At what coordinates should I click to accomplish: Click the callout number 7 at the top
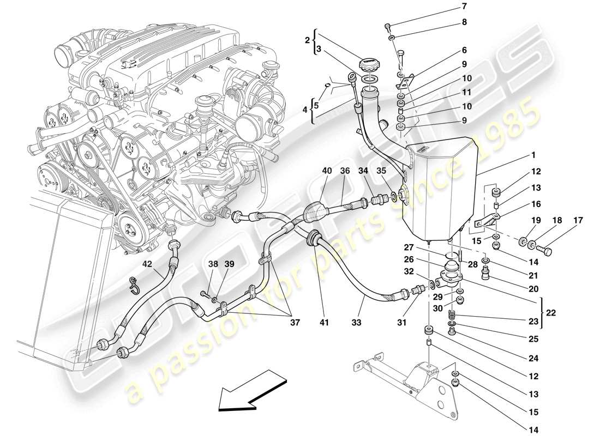point(464,7)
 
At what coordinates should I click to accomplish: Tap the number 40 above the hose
point(327,171)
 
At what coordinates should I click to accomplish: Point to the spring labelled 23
point(451,316)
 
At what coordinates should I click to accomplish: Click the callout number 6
point(464,50)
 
